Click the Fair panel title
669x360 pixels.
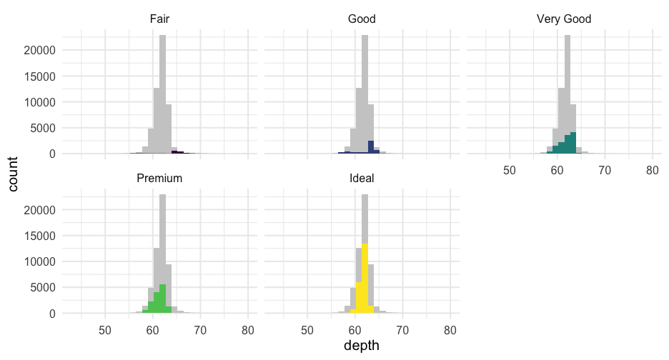pos(159,19)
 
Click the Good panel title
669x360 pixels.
pos(362,19)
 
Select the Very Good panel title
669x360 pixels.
pos(564,19)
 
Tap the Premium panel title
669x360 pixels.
pos(159,178)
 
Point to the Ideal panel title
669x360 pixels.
pos(362,178)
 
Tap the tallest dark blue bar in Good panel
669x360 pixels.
pos(371,147)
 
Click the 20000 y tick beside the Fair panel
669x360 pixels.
pos(40,51)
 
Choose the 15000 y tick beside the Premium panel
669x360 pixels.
pos(40,236)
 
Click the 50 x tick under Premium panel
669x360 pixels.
pos(105,331)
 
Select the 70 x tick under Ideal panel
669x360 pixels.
pos(402,331)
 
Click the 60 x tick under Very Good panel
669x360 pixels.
pos(557,171)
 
